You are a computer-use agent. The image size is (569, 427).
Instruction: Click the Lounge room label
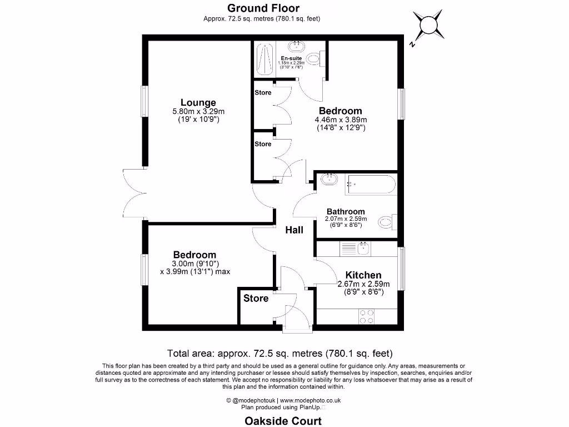coord(198,102)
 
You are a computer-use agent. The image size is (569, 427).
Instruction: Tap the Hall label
coord(294,230)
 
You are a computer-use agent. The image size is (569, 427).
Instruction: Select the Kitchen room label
coord(363,275)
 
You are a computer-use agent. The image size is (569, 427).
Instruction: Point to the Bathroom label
coord(346,211)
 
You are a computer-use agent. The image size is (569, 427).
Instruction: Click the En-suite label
coord(291,58)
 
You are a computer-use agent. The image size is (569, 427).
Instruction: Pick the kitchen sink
coord(364,248)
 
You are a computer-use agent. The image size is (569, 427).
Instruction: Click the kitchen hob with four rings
coord(366,316)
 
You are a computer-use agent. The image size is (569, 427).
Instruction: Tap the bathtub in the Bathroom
coord(370,184)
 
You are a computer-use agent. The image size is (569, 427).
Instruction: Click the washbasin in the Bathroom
coord(330,179)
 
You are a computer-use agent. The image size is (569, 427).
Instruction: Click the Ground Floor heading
coord(263,8)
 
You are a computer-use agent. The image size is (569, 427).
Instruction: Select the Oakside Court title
coord(283,421)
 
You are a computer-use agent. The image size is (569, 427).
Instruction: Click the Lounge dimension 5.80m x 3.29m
coord(198,111)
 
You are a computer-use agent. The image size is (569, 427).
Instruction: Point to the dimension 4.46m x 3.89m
coord(341,120)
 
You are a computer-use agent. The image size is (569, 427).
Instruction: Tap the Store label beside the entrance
coord(256,298)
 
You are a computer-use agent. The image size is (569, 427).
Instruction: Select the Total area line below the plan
coord(280,353)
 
